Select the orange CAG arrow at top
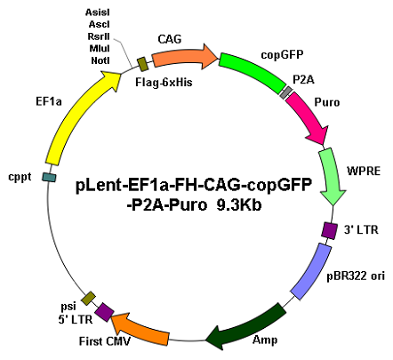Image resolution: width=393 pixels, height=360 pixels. click(x=184, y=57)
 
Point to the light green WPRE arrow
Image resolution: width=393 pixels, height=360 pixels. click(x=332, y=175)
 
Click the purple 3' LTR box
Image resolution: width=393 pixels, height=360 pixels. click(x=329, y=230)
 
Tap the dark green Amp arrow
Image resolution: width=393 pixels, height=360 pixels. click(x=246, y=327)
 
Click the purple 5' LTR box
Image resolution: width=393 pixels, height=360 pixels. click(x=104, y=312)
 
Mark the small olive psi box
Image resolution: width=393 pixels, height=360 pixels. click(x=89, y=298)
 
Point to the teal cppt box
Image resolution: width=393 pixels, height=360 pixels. click(x=49, y=177)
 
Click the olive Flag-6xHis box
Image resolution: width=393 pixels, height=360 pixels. click(x=143, y=64)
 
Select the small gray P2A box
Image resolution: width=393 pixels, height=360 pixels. click(x=286, y=92)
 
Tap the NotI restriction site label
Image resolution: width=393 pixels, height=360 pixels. click(x=100, y=60)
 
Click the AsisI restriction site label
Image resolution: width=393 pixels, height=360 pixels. click(x=98, y=12)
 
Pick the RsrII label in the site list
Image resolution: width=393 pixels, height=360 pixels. click(x=99, y=36)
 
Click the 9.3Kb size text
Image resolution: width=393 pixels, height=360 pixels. click(x=239, y=204)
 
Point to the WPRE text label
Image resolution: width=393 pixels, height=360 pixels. click(x=364, y=172)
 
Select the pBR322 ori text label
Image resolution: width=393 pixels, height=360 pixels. click(x=356, y=276)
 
